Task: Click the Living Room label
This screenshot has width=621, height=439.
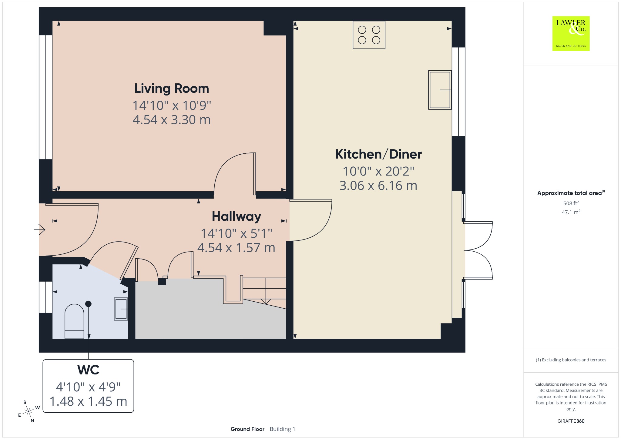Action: (x=172, y=89)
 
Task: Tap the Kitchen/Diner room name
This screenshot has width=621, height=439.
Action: (x=378, y=154)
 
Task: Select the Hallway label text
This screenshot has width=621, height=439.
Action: (x=237, y=216)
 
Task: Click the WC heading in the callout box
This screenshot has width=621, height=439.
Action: (x=88, y=370)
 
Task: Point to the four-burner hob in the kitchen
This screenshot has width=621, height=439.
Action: (x=369, y=35)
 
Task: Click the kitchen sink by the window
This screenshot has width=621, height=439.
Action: (x=440, y=90)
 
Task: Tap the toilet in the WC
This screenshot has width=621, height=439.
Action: (x=74, y=321)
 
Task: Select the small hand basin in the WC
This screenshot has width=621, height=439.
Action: (x=121, y=309)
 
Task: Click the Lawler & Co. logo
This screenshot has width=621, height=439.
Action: (x=571, y=33)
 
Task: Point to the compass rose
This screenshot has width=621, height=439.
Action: (x=29, y=411)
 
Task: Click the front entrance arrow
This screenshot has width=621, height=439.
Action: (x=39, y=230)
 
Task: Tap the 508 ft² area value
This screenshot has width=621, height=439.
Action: (x=571, y=203)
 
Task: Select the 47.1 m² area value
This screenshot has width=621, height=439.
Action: (x=571, y=212)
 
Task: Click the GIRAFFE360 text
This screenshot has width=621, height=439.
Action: (x=571, y=421)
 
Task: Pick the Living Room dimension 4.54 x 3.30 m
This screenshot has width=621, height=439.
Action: (x=172, y=120)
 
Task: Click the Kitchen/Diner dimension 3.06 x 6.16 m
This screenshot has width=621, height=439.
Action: (x=378, y=186)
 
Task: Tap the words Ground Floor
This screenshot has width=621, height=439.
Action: (x=247, y=429)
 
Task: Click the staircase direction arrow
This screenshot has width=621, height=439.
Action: (x=266, y=291)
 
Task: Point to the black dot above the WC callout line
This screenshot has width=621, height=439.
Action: (x=88, y=304)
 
